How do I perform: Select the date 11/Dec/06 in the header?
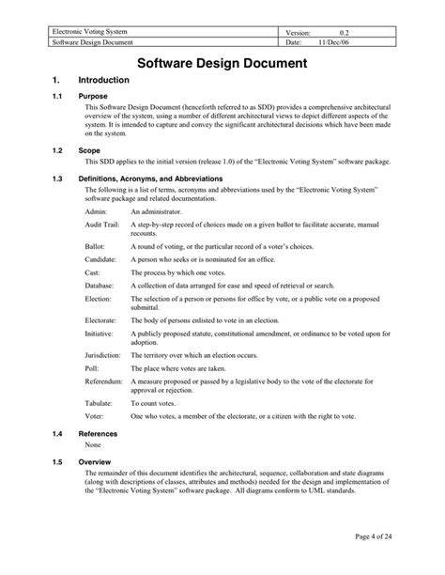(x=335, y=42)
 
